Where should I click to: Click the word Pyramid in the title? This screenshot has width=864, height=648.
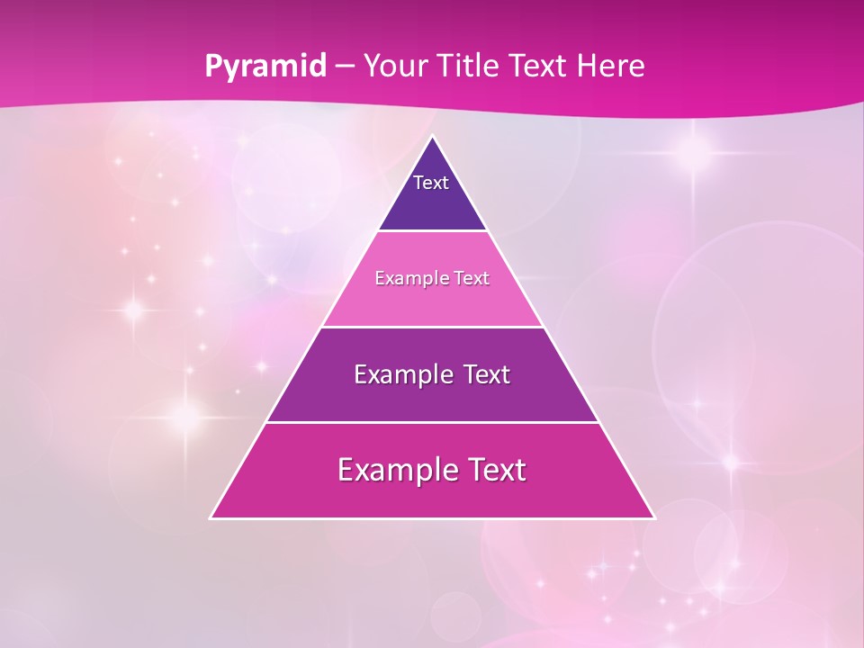pos(265,67)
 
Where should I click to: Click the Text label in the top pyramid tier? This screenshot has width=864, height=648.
pos(431,183)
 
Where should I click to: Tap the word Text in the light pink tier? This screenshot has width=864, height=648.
pos(472,278)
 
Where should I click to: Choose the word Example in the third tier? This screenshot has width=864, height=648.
pos(399,374)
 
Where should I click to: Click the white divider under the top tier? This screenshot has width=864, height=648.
pos(433,231)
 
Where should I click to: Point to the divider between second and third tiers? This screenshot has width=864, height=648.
pos(433,327)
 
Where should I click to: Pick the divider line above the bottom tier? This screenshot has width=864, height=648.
pos(433,422)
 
